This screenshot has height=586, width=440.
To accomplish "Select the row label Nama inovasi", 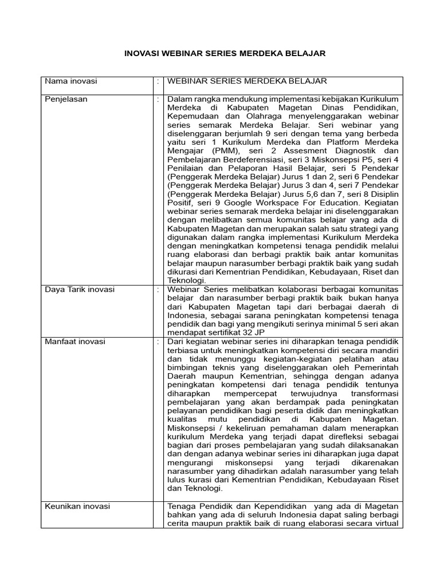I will [x=71, y=81].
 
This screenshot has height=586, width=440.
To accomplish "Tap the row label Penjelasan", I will [x=66, y=99].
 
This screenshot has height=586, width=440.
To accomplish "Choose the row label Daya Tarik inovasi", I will [x=80, y=290].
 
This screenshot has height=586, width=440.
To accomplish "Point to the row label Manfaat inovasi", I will [x=75, y=342].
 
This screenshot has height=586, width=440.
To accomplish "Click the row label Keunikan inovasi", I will [x=77, y=506].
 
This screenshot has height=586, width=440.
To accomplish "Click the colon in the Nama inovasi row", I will [x=158, y=81].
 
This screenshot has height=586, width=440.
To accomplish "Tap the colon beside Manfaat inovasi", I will [x=158, y=342].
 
